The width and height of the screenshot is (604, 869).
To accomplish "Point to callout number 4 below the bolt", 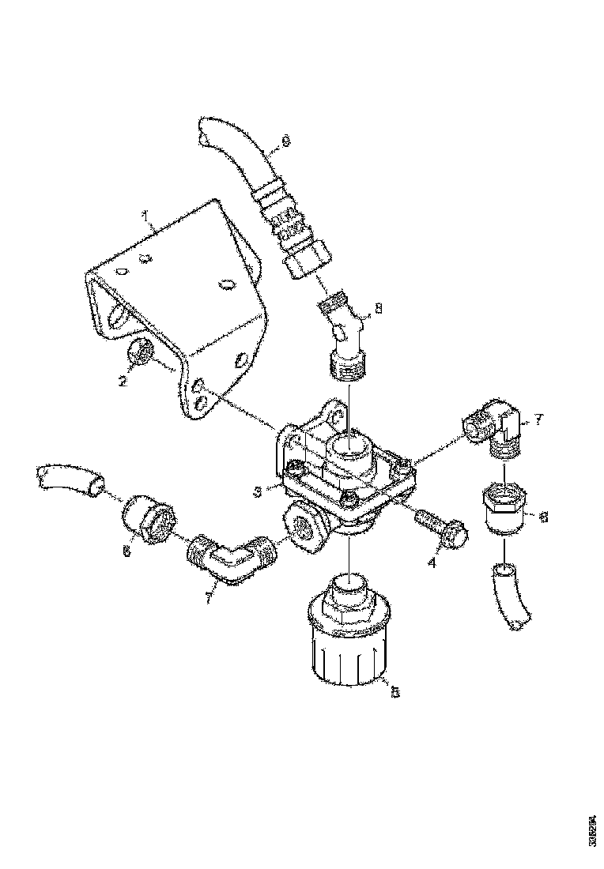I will pos(432,563).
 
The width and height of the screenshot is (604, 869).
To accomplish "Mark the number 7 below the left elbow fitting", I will pos(208,599).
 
